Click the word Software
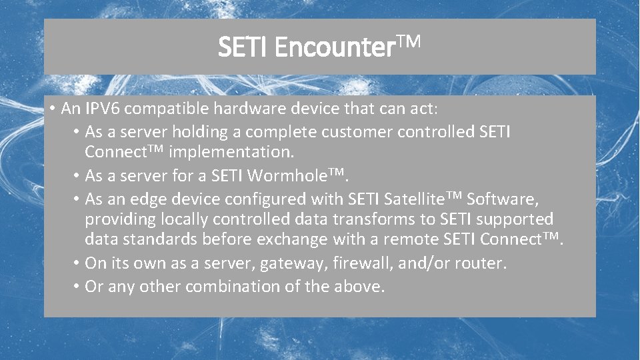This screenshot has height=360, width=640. coord(502,199)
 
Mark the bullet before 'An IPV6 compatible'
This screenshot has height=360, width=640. coord(51,109)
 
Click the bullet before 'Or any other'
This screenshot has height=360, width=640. coord(77,287)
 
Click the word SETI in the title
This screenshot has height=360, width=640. coord(243,47)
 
